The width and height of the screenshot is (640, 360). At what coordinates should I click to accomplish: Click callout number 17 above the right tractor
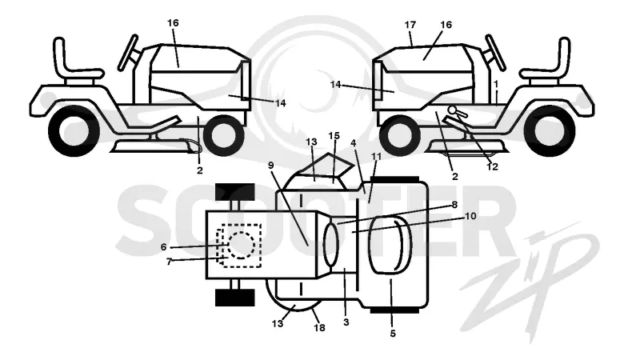coord(410,25)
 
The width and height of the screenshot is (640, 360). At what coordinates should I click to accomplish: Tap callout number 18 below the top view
coord(319,327)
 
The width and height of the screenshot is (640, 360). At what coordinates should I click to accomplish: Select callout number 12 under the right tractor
coord(492,166)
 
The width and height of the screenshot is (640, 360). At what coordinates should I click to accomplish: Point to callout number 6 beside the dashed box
coord(164,247)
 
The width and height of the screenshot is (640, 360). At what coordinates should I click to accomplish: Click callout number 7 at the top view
coord(169,262)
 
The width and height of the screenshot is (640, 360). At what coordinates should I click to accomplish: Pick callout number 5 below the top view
coord(393,334)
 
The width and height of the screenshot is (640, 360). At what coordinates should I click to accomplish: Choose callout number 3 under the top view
coord(346,322)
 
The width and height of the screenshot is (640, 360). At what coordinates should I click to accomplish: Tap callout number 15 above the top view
coord(334,135)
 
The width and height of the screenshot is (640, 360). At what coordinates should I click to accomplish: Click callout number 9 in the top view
coord(270,165)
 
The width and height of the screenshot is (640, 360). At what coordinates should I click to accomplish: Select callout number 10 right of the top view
coord(470,215)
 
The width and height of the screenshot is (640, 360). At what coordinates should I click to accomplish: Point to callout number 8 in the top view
coord(454,205)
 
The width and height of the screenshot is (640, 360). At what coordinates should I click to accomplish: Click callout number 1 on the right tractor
coord(496,84)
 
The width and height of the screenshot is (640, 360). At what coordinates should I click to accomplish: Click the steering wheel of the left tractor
coord(129,53)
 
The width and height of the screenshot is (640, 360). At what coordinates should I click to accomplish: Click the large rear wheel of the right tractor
coord(549,130)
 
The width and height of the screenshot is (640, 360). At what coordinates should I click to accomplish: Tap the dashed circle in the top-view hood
coord(242,245)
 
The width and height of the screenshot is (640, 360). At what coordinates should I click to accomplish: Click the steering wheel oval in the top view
coord(331,245)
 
